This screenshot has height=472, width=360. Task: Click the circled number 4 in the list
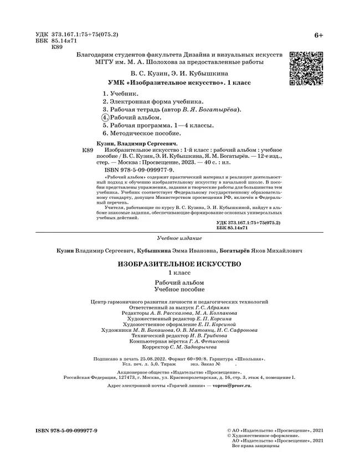point(105,118)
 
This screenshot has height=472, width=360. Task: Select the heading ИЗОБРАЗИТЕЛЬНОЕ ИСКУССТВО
point(180,265)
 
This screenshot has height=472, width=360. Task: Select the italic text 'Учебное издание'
point(179,238)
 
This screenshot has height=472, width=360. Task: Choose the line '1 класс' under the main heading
point(179,274)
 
